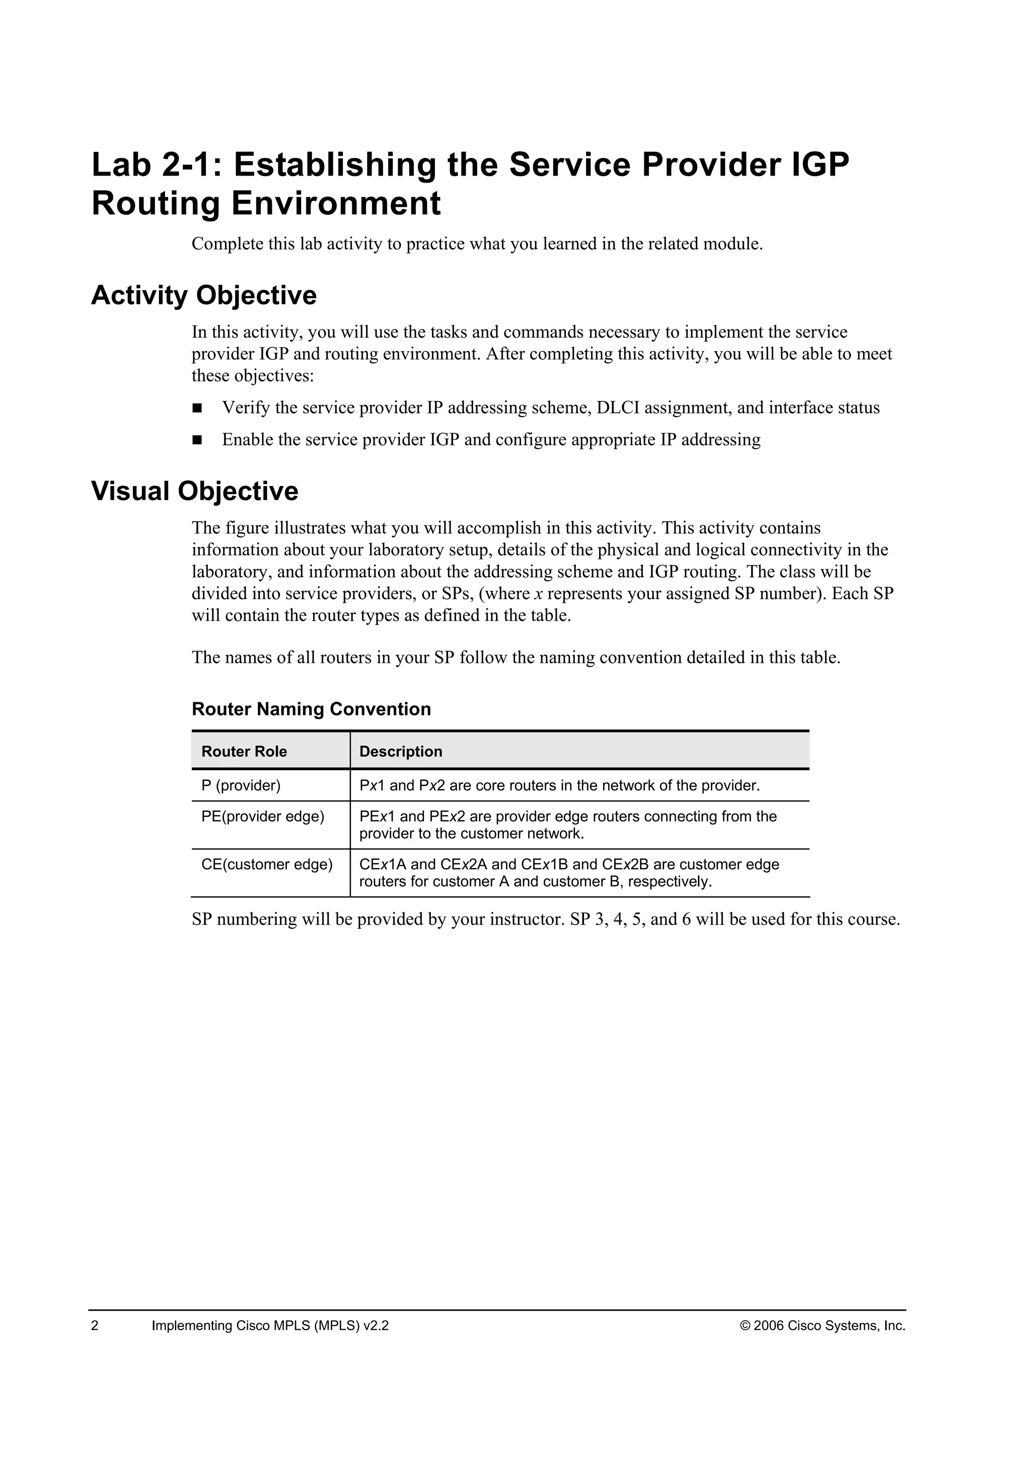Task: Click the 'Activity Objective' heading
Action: [x=203, y=296]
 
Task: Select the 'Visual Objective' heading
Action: [x=194, y=491]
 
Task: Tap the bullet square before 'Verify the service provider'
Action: [x=197, y=408]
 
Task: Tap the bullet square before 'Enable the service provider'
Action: [x=197, y=440]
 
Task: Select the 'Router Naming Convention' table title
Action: [x=311, y=709]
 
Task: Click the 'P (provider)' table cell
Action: [x=241, y=786]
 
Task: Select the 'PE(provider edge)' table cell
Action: [x=263, y=817]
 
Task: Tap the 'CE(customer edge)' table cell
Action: [x=267, y=864]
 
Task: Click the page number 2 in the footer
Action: [x=95, y=1326]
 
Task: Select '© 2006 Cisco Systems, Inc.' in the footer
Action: [x=823, y=1326]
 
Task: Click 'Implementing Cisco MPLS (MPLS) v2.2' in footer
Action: [x=270, y=1326]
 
